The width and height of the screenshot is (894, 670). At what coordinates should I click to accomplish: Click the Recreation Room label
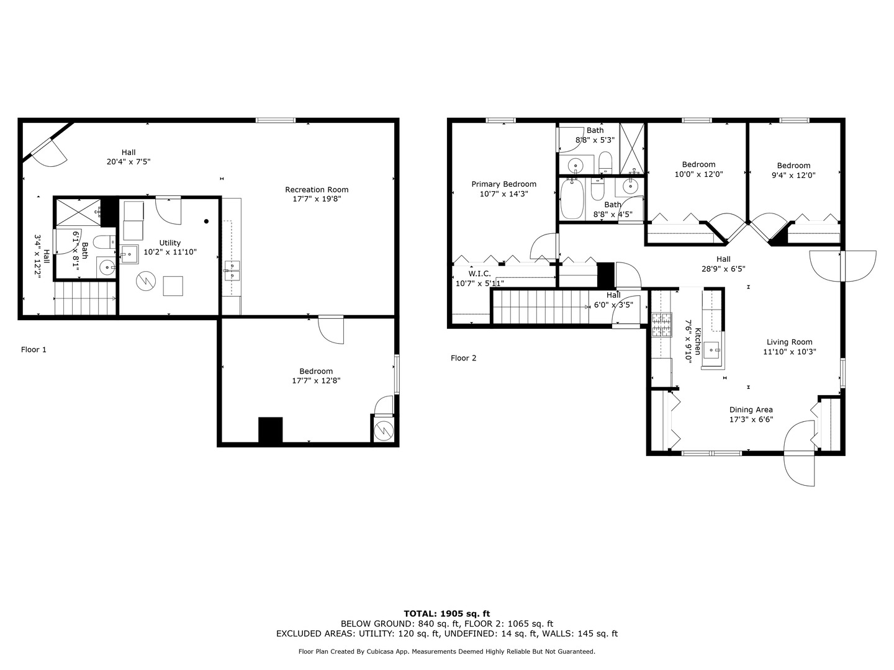(x=317, y=190)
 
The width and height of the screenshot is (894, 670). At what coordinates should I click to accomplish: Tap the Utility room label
(x=169, y=243)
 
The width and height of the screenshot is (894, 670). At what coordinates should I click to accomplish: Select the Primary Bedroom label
(x=503, y=184)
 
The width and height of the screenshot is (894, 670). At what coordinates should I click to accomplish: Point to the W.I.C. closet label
(x=479, y=274)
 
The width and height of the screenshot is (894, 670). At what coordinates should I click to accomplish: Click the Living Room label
(x=789, y=342)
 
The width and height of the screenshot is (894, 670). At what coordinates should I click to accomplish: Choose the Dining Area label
(x=751, y=409)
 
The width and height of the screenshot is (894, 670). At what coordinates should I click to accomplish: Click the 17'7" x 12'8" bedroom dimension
(x=316, y=381)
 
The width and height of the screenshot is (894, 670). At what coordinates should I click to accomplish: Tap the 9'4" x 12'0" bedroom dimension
(x=793, y=175)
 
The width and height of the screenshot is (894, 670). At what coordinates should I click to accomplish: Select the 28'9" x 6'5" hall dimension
(x=723, y=269)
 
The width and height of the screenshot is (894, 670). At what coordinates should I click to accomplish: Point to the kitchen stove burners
(x=662, y=324)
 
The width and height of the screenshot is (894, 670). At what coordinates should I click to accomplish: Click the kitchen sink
(x=712, y=350)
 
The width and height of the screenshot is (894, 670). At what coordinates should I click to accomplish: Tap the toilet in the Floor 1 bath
(x=102, y=242)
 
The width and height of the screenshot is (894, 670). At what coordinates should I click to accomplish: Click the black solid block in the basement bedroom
(x=270, y=430)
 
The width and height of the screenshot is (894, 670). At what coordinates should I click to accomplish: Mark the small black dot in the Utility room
(x=207, y=221)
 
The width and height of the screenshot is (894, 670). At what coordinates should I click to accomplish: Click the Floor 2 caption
(x=463, y=358)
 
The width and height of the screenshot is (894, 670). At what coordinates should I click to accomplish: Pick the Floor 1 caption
(x=34, y=350)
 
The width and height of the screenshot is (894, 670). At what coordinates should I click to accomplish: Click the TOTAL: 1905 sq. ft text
(x=446, y=614)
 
